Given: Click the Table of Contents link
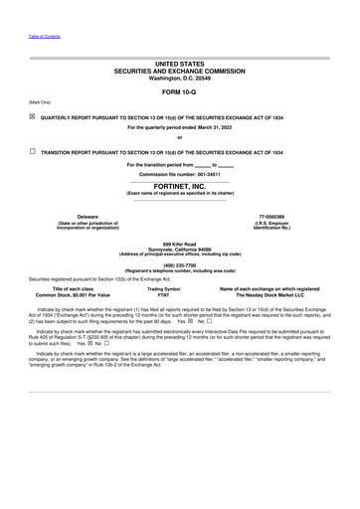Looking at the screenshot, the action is click(43, 36).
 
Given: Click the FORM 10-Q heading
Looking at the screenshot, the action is click(179, 91).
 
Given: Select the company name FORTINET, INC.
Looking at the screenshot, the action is click(179, 185).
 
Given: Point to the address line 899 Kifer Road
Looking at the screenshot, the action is click(179, 244).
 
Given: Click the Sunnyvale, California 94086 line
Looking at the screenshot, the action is click(179, 249).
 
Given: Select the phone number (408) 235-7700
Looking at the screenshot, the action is click(179, 264).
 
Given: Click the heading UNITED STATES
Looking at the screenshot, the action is click(179, 64).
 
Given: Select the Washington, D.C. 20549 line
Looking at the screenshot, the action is click(179, 77).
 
